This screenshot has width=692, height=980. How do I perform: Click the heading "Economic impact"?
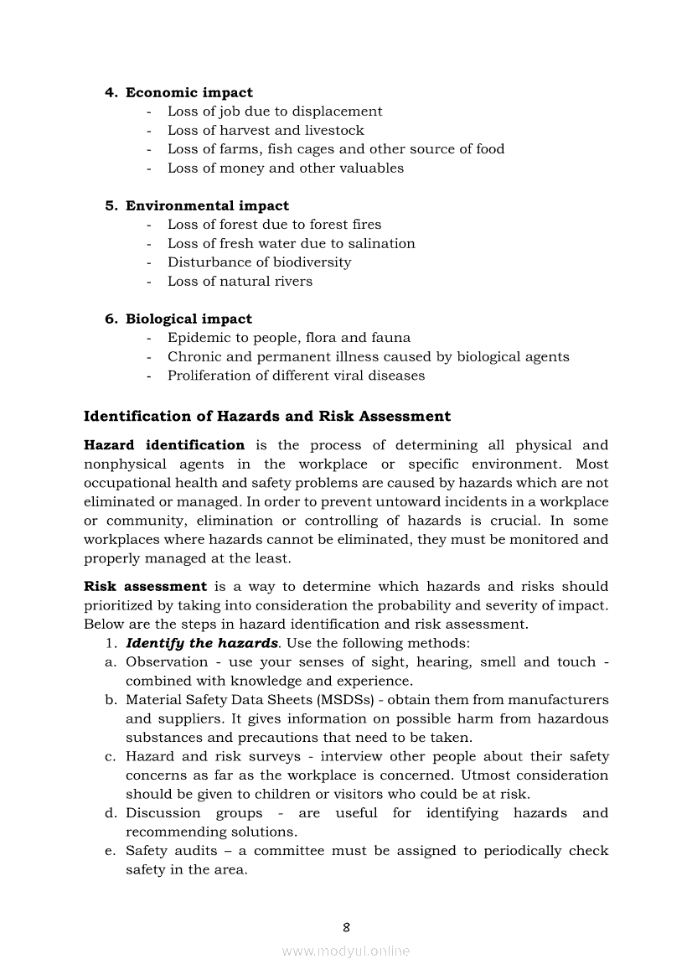pos(188,92)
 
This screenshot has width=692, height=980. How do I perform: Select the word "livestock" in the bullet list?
pos(334,130)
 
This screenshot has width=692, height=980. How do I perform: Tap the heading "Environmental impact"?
pos(207,205)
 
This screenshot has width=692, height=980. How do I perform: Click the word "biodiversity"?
pos(309,262)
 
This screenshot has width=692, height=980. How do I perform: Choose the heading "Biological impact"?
pos(188,319)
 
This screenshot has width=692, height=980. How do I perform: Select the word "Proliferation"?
pos(210,376)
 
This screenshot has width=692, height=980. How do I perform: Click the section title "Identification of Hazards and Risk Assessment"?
pos(267,416)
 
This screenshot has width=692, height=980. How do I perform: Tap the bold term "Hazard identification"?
pos(164,445)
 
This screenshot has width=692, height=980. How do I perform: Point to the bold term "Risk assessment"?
pos(145,586)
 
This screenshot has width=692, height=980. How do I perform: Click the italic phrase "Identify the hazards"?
pos(202,643)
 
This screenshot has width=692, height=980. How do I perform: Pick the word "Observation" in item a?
pos(167,661)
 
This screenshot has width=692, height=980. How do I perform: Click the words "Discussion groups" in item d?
pos(194,813)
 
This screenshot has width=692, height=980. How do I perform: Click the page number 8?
pos(346,926)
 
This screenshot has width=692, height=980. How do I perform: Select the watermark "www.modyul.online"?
pos(346,951)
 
